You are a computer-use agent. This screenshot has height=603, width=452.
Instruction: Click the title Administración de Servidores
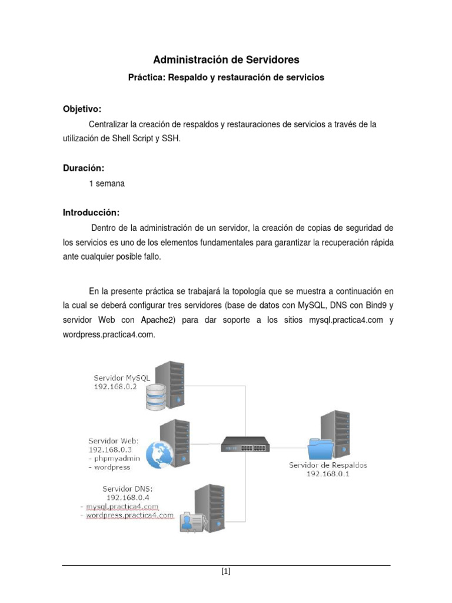(x=226, y=59)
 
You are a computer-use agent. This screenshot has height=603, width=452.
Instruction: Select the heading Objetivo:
(x=82, y=110)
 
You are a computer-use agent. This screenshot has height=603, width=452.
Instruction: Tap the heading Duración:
(x=84, y=168)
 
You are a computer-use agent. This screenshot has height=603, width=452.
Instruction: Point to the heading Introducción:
(x=91, y=212)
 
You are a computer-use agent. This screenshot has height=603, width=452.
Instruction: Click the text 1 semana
(x=107, y=183)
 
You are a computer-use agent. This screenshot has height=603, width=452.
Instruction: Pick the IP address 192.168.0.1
(x=328, y=474)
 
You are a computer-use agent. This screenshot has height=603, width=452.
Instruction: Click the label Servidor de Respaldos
(x=328, y=465)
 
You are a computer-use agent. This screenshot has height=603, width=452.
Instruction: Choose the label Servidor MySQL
(x=121, y=377)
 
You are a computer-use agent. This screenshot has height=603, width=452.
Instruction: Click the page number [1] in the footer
(x=226, y=571)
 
